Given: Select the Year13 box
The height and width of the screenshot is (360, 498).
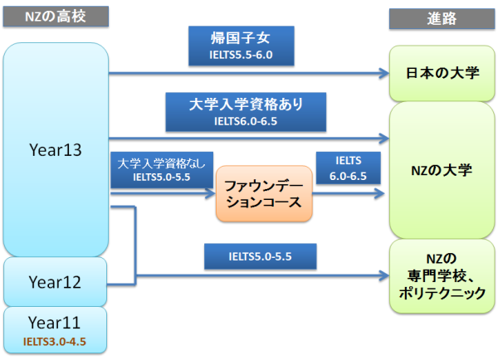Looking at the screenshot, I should point(55,150).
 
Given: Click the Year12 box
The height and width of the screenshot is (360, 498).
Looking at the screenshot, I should point(55,282).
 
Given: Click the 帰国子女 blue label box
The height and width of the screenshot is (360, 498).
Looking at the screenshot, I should point(242,45).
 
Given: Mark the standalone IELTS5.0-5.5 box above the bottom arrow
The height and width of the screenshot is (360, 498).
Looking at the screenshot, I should point(260,257).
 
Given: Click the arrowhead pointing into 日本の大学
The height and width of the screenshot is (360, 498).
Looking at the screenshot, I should point(384,73).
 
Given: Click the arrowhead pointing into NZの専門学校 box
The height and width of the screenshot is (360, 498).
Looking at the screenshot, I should point(384,275).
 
